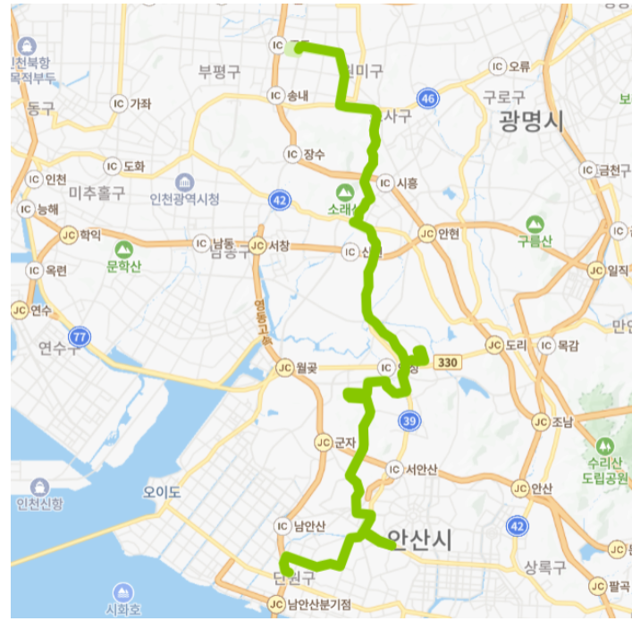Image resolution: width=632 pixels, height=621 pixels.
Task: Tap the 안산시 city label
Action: [420, 539]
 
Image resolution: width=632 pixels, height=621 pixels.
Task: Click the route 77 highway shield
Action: [80, 336]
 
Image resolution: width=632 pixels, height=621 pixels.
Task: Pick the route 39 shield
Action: [409, 421]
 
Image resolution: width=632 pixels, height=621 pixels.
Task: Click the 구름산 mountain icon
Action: [535, 224]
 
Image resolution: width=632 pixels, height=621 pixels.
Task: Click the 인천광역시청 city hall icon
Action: [185, 183]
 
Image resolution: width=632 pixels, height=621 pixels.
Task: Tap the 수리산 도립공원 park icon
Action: [606, 446]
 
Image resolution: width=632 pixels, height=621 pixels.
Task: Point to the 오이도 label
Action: [162, 492]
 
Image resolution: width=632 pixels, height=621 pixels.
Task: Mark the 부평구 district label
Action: [219, 72]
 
